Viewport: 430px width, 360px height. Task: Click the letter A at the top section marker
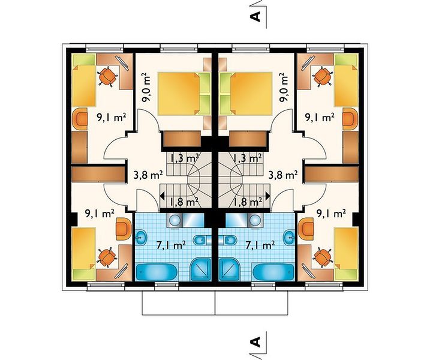tap(255, 17)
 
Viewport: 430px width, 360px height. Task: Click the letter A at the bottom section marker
tap(255, 342)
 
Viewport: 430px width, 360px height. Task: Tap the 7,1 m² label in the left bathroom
tap(172, 245)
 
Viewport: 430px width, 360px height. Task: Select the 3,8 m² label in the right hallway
tap(282, 175)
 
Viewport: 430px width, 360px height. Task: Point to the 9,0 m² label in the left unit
tap(146, 88)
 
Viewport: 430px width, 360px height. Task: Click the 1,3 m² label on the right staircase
tap(247, 158)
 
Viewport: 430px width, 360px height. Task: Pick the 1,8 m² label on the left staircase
tap(184, 202)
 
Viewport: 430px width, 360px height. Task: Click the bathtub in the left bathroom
tap(157, 272)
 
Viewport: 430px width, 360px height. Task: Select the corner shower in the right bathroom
tap(230, 269)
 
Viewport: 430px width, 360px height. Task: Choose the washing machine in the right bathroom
tap(255, 220)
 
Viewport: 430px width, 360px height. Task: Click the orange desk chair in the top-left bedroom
tap(107, 76)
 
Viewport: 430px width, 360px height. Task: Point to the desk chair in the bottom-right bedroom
tap(323, 257)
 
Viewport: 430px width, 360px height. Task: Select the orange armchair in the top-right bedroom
tap(350, 119)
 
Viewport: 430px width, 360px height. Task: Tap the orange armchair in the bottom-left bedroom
tap(124, 229)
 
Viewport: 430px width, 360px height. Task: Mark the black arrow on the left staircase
tap(162, 196)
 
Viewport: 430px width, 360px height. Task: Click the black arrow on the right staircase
tap(268, 196)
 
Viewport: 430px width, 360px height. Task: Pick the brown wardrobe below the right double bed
tap(248, 139)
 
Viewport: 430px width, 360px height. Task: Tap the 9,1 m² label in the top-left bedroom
tap(112, 118)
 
